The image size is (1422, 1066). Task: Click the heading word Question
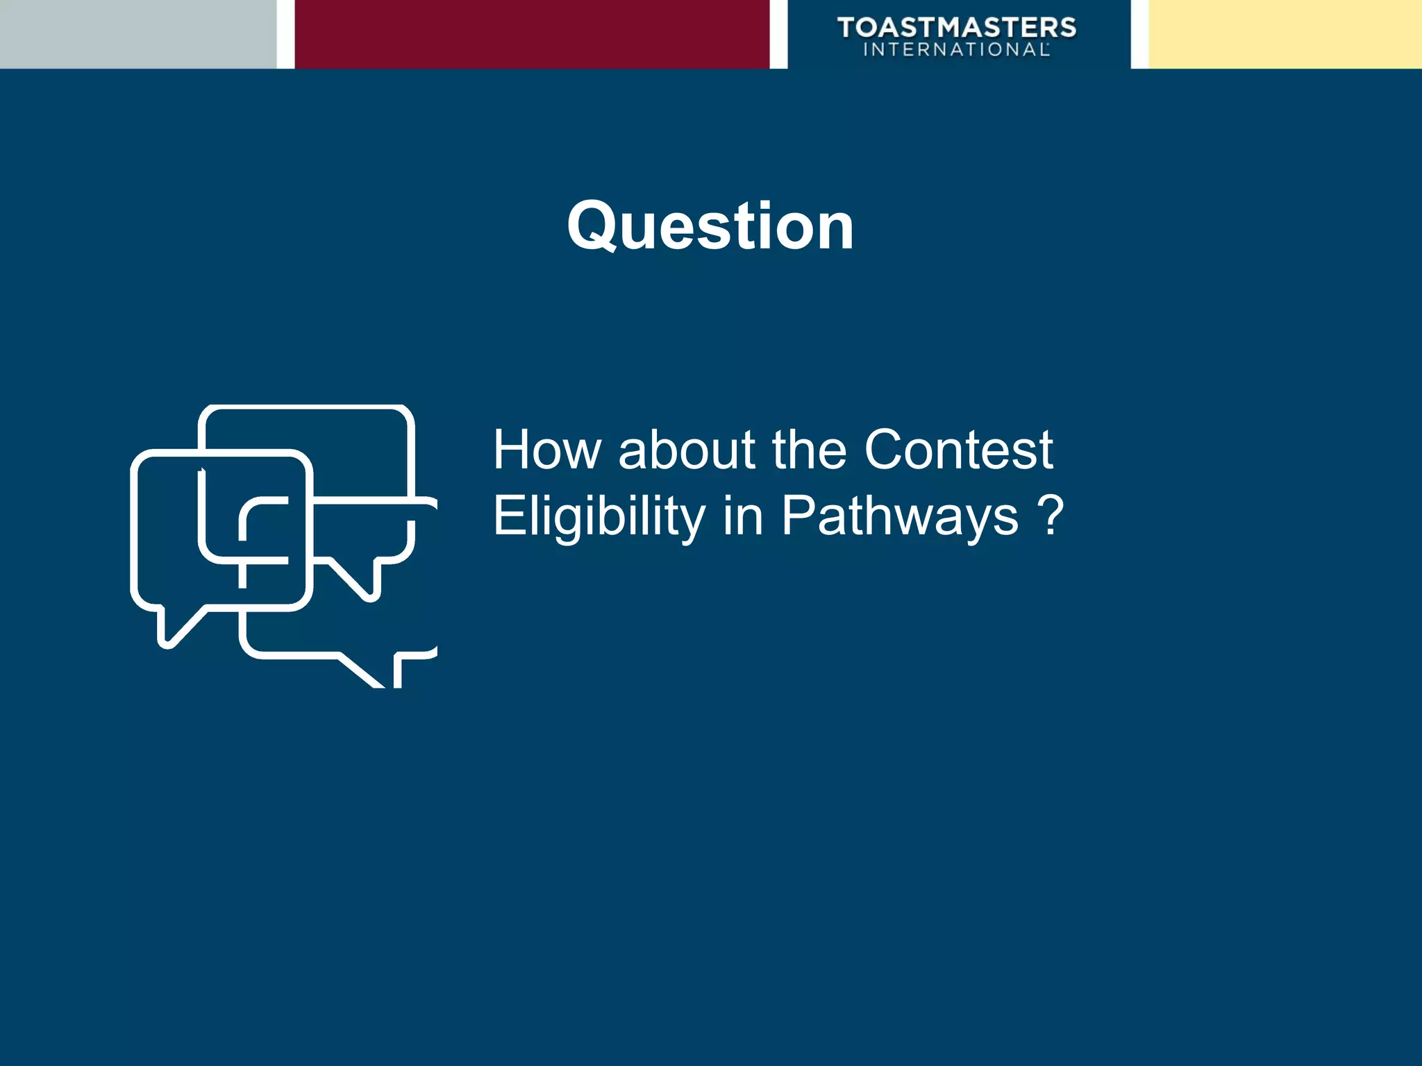[710, 226]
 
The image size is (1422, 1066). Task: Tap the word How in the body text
[546, 450]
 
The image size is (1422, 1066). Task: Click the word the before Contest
[809, 450]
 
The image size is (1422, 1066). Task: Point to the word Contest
[958, 450]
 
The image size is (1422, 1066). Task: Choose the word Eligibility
[599, 517]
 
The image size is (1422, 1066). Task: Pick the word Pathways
[900, 517]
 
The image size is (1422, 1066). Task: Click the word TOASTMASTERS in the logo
[957, 27]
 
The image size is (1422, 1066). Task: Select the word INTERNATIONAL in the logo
[956, 50]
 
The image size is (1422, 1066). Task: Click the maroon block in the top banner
[532, 34]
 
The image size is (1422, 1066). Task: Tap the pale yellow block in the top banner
[1285, 34]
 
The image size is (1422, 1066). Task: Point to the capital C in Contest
[885, 450]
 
